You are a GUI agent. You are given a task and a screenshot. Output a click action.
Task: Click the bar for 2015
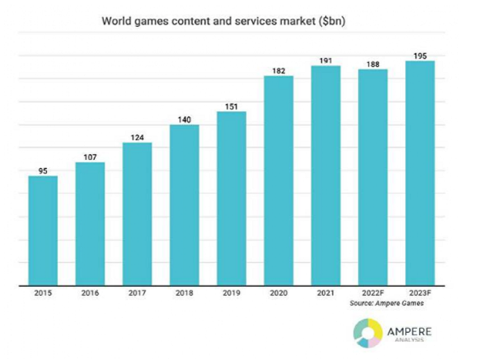[42, 231]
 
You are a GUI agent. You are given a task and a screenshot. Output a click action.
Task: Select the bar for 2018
[184, 205]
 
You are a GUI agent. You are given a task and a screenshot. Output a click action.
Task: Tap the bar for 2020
[278, 181]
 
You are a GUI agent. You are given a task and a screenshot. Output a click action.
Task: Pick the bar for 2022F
[372, 177]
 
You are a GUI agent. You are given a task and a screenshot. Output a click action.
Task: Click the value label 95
[42, 171]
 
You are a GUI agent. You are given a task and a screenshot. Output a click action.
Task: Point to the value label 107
[90, 157]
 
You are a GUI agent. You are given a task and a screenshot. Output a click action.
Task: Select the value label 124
[137, 137]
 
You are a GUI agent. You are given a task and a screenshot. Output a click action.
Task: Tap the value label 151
[231, 106]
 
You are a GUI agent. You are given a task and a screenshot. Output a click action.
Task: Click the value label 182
[278, 71]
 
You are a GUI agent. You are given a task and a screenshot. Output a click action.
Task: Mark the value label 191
[325, 60]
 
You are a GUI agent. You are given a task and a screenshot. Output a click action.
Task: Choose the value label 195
[420, 56]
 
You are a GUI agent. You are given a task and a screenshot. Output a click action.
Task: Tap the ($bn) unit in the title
[331, 21]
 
